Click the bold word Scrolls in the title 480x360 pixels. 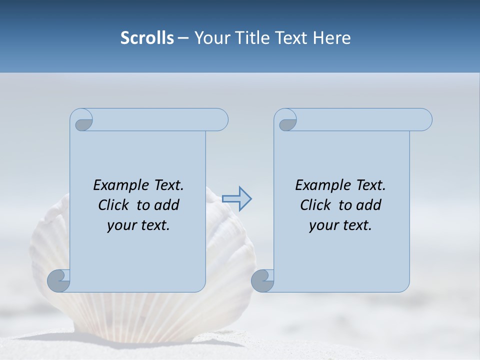[x=147, y=38]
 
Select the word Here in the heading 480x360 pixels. [x=332, y=38]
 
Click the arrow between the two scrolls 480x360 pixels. [x=236, y=199]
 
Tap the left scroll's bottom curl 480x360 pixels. [x=59, y=280]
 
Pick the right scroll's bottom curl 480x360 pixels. [x=262, y=280]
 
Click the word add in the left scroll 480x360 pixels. [x=166, y=205]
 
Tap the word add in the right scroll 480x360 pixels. [x=368, y=205]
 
